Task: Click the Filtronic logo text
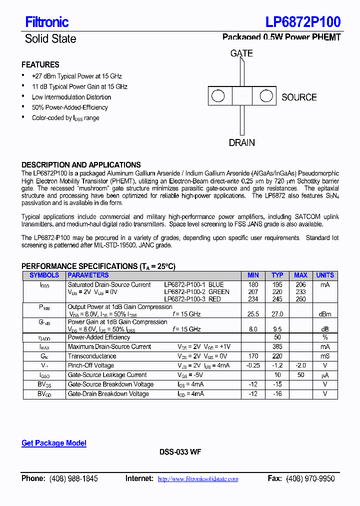click(x=46, y=22)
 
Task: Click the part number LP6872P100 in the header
click(x=303, y=21)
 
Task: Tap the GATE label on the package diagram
click(x=241, y=53)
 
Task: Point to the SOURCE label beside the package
click(x=299, y=97)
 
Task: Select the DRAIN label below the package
click(x=241, y=143)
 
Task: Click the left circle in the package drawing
click(x=218, y=96)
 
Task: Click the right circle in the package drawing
click(x=266, y=96)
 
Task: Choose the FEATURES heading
click(x=40, y=65)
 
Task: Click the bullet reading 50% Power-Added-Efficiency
click(x=69, y=107)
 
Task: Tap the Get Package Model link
click(x=54, y=443)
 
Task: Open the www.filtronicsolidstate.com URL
click(x=198, y=479)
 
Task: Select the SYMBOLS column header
click(x=44, y=275)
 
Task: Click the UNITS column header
click(x=325, y=275)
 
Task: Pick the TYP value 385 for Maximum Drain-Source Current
click(x=277, y=346)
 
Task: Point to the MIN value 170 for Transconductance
click(x=253, y=356)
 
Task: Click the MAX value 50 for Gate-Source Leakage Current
click(x=301, y=375)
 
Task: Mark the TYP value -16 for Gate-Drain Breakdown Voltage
click(x=277, y=394)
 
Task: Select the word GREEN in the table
click(x=219, y=292)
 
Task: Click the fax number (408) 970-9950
click(x=310, y=479)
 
